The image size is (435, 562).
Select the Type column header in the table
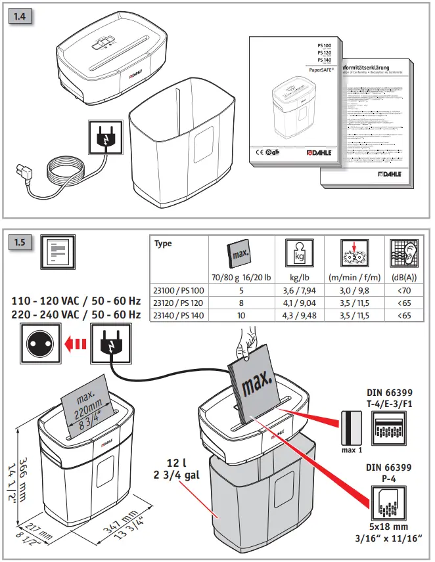(x=164, y=244)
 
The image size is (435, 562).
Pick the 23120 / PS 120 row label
(x=179, y=303)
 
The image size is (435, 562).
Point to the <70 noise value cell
(x=405, y=290)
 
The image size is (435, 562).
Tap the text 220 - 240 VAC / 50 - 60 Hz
(x=76, y=315)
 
